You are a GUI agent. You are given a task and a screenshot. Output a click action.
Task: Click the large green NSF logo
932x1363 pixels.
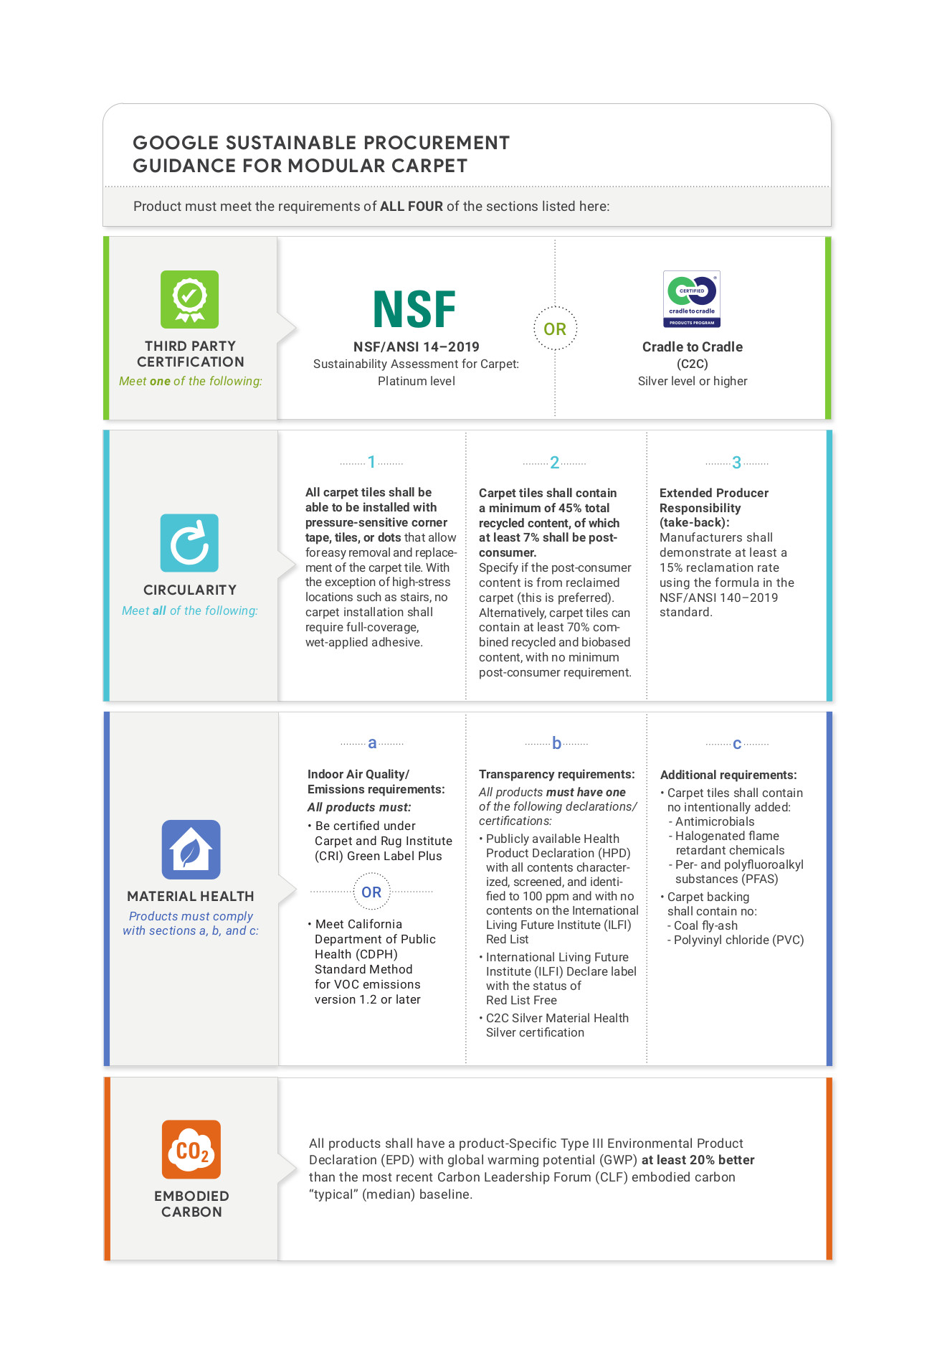[x=414, y=309]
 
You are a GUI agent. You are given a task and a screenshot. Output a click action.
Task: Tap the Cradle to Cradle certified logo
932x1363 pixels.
[x=692, y=299]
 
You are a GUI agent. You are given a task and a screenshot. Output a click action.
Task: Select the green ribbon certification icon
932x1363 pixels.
[x=189, y=299]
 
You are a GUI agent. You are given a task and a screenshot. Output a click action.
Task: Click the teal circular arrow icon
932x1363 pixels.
[x=189, y=543]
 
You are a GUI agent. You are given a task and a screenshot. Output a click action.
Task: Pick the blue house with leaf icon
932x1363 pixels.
[x=191, y=849]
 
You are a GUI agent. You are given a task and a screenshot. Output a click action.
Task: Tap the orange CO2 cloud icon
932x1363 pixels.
[x=191, y=1149]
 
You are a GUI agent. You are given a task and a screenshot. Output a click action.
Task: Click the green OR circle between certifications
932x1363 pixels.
[x=555, y=329]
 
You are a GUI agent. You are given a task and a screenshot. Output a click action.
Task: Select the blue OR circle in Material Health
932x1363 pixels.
[x=371, y=892]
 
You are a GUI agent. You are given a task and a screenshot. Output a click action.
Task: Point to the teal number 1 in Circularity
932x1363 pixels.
[x=371, y=462]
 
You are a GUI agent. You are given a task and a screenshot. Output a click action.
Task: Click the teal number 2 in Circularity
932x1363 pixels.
[x=554, y=463]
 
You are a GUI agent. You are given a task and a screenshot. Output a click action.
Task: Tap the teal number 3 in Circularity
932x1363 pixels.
[x=736, y=463]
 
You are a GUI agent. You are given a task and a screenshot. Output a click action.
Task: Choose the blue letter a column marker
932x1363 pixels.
[x=372, y=743]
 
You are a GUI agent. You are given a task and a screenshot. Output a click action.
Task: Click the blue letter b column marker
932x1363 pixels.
[x=556, y=743]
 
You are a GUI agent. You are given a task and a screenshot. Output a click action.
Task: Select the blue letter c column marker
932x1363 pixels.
[x=737, y=744]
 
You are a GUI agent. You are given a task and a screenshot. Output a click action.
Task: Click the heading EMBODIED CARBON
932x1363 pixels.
[x=191, y=1204]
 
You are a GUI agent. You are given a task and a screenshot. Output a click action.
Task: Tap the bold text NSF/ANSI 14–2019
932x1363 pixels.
[x=416, y=346]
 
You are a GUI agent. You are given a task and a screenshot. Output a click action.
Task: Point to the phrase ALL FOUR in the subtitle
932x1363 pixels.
[x=412, y=207]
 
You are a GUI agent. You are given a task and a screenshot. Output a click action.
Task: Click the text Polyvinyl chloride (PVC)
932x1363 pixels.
[x=738, y=940]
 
